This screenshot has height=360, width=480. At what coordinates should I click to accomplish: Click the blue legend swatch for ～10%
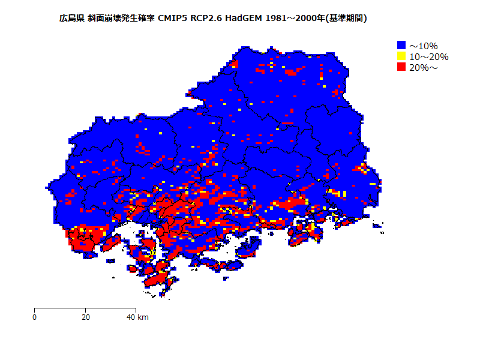[401, 45]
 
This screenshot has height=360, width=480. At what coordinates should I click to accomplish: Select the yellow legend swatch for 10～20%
[401, 56]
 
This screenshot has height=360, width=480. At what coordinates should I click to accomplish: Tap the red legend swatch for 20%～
[401, 67]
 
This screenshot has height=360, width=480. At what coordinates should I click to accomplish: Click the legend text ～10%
[424, 46]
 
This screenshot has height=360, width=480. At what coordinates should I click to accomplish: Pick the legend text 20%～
[424, 68]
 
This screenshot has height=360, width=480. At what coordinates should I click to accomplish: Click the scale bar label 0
[35, 317]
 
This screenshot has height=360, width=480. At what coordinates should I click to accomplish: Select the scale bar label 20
[86, 317]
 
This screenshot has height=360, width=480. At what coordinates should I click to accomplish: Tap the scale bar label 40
[131, 317]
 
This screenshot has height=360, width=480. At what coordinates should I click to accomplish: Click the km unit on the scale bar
[143, 317]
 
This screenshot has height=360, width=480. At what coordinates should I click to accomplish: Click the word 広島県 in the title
[71, 19]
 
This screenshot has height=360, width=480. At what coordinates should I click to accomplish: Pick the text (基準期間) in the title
[346, 19]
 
